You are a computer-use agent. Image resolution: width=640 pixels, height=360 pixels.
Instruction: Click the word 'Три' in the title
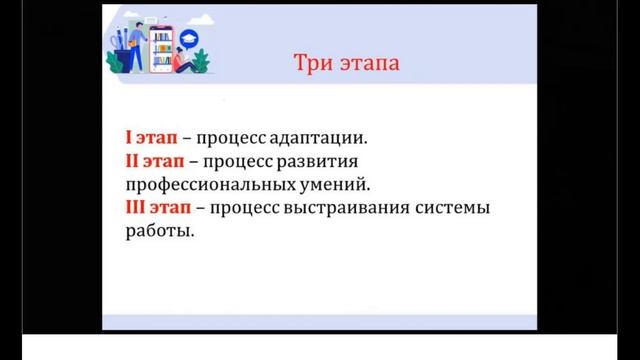[309, 64]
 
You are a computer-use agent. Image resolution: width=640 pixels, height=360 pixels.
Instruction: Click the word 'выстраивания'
[357, 209]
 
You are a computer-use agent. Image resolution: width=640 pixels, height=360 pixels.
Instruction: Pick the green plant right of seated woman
[203, 62]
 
